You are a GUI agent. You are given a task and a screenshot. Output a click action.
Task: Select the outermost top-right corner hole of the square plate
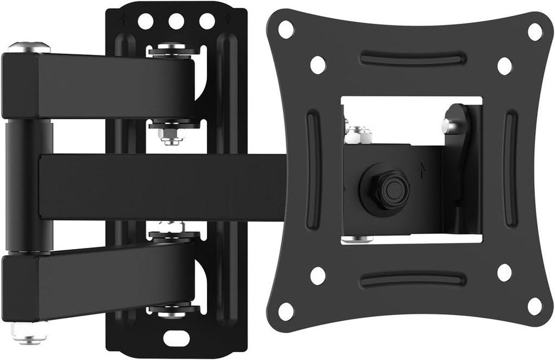(534, 31)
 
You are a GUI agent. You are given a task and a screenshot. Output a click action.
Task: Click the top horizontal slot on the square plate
(412, 59)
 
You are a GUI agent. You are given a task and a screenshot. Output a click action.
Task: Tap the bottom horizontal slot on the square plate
(412, 279)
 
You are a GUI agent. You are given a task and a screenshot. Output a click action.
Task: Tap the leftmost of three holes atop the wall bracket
(146, 22)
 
